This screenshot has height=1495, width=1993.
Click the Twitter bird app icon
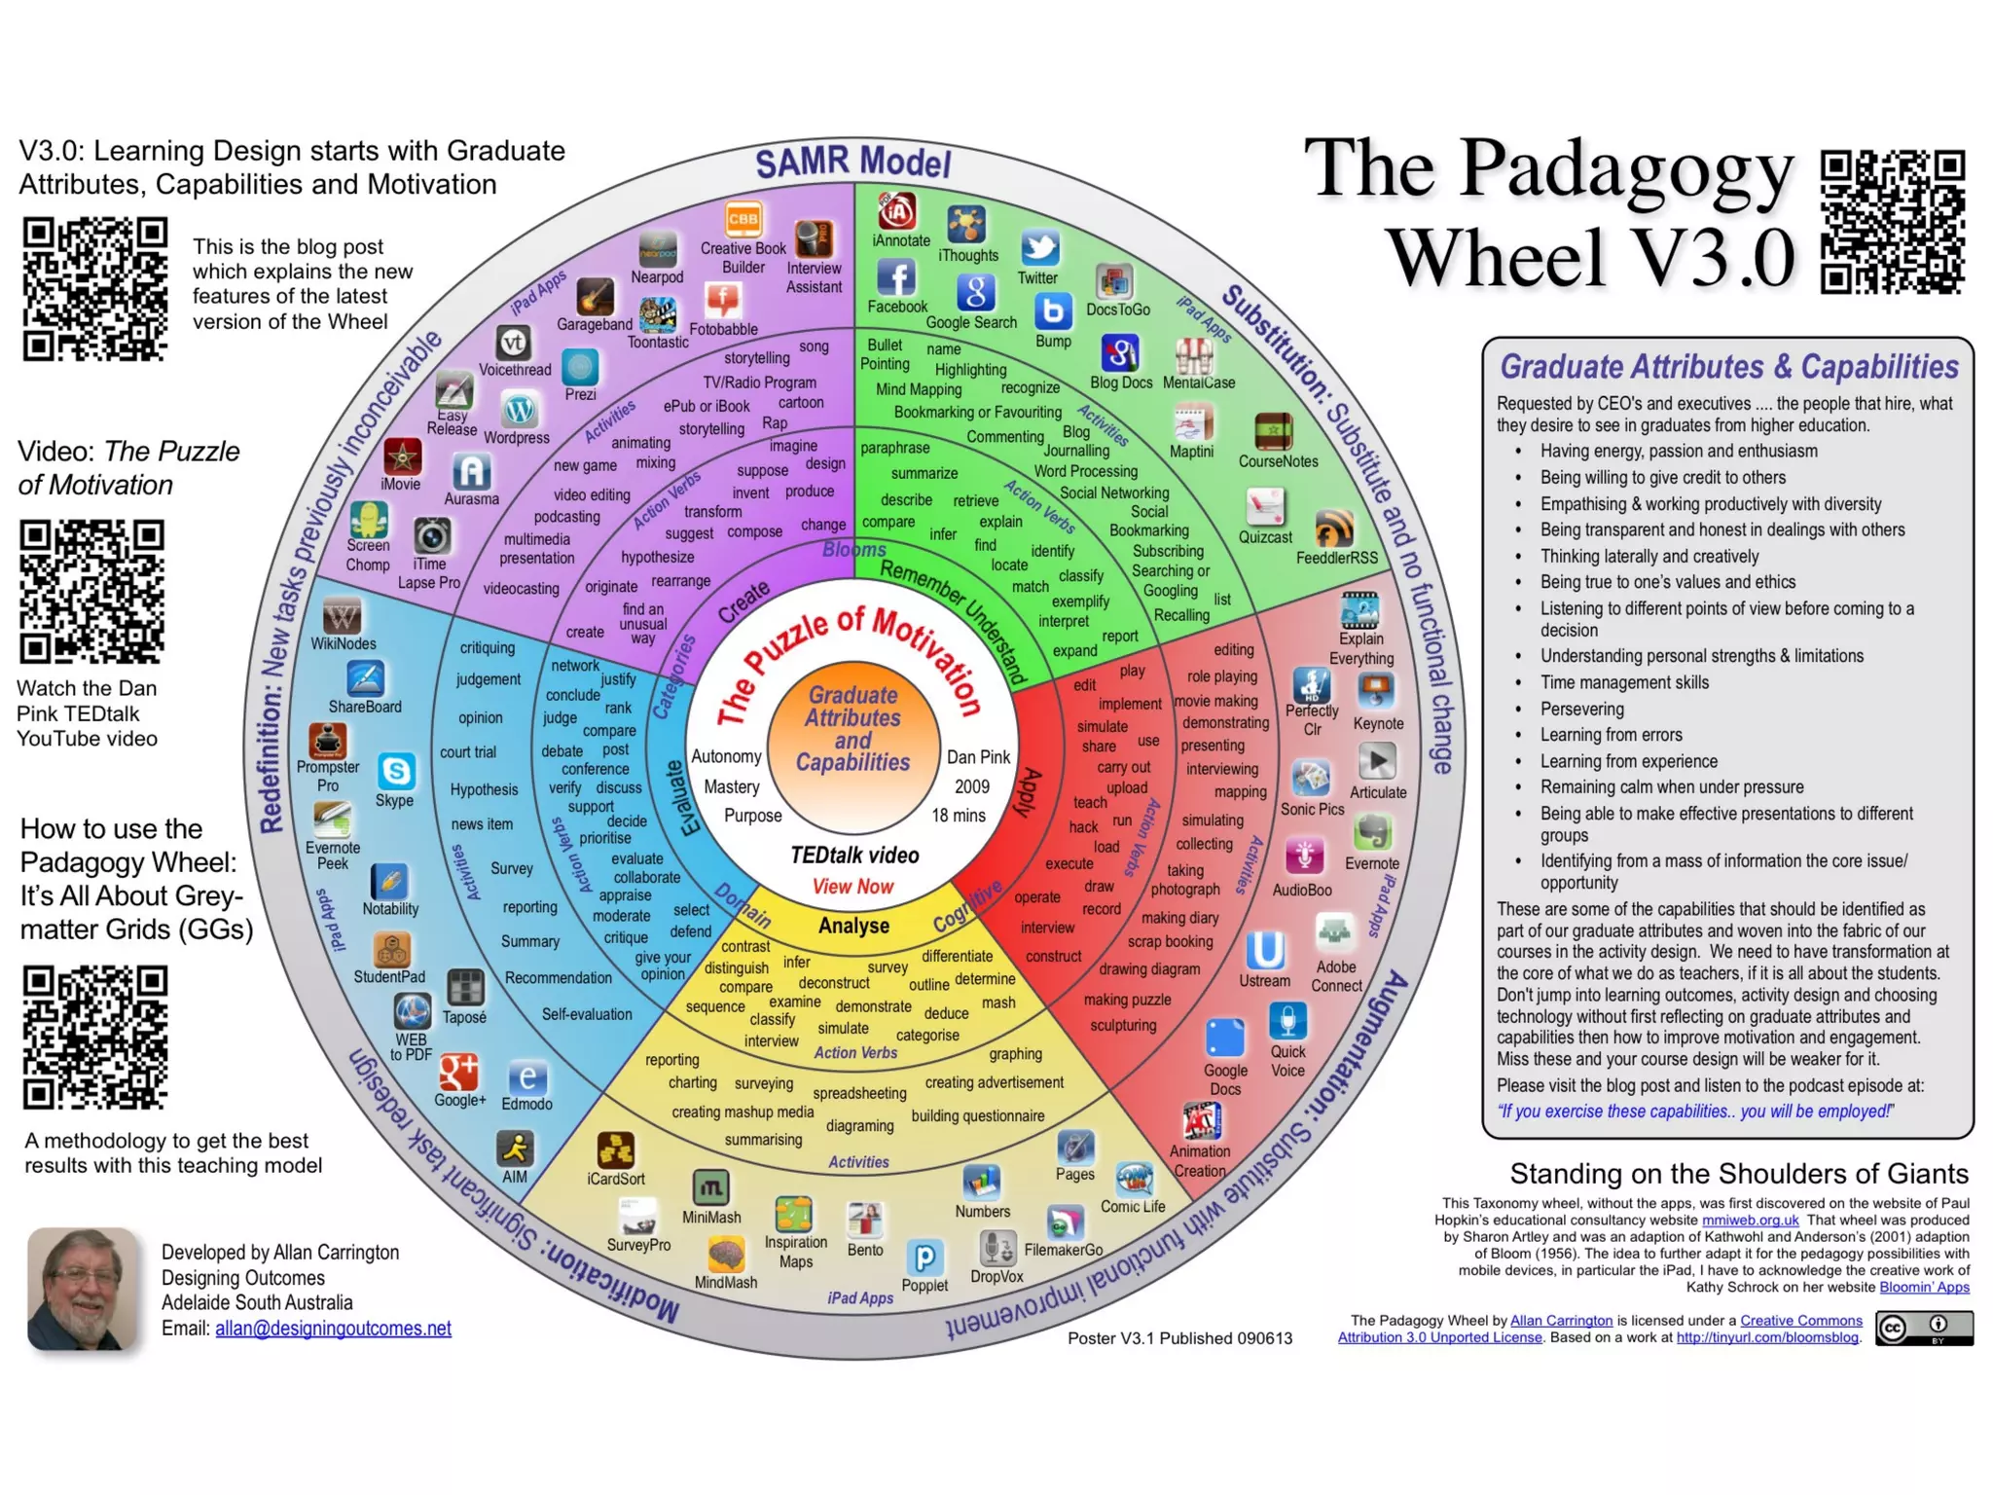(x=1039, y=247)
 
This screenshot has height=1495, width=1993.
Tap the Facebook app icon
(x=896, y=278)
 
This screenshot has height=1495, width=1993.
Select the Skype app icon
(x=396, y=772)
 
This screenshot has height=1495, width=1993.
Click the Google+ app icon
(x=458, y=1072)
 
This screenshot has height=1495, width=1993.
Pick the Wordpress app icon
(x=519, y=410)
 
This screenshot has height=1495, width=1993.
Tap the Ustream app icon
(x=1265, y=949)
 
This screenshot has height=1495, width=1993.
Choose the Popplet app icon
(x=924, y=1258)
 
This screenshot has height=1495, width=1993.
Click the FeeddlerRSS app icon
(x=1334, y=529)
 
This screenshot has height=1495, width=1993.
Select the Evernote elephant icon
(x=1372, y=833)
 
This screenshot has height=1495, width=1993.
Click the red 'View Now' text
(x=852, y=887)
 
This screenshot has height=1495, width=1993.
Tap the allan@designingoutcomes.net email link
(x=333, y=1329)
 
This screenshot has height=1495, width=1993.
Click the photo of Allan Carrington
(x=82, y=1289)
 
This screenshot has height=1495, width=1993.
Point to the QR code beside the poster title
(x=1893, y=222)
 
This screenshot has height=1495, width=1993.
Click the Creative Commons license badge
(x=1924, y=1328)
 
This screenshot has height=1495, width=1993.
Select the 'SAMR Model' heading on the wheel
(x=852, y=163)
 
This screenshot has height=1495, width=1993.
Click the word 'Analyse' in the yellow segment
(x=853, y=926)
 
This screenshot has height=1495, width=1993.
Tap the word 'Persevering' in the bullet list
(x=1581, y=709)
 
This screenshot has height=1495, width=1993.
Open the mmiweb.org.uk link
(x=1750, y=1221)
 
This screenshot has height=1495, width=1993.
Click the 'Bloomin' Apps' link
(x=1924, y=1287)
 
